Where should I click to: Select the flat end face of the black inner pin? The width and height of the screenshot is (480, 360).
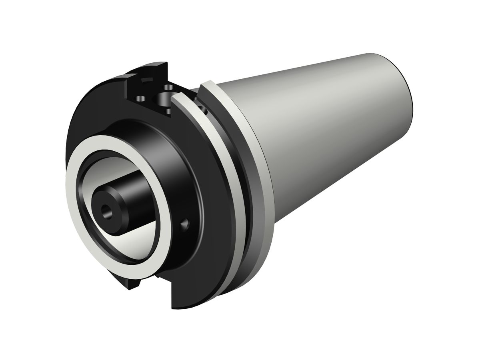(x=105, y=208)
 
